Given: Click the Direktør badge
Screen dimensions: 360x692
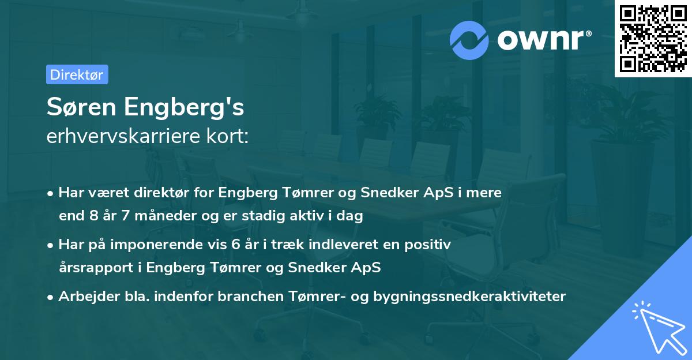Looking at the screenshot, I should tap(77, 74).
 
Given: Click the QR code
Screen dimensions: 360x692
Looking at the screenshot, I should tap(652, 39).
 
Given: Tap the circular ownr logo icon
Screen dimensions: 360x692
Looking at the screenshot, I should tap(470, 40).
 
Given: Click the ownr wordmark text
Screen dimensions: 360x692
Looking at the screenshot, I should tap(543, 40).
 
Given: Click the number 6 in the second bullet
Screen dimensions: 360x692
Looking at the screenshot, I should tap(235, 244).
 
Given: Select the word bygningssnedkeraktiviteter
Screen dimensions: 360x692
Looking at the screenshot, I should tap(469, 297).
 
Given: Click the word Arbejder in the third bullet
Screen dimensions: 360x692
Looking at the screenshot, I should tap(83, 296).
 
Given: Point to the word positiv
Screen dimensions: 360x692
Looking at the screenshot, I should tap(430, 244).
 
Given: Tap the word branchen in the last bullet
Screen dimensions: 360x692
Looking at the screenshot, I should tap(253, 296).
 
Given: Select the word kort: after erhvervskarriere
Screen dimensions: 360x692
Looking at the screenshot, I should tap(229, 136).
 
